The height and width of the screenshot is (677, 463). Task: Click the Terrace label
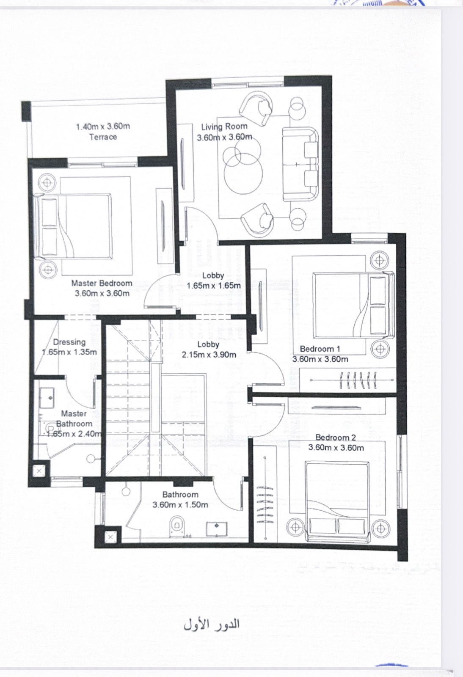coord(103,137)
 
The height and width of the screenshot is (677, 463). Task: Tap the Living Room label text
coord(224,127)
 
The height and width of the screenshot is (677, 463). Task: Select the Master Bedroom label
coord(102,283)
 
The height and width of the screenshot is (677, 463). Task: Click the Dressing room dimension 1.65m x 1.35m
coord(69,352)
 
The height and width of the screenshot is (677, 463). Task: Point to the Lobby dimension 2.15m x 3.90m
coord(209,355)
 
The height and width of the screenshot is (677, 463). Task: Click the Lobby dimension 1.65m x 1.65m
coord(214,286)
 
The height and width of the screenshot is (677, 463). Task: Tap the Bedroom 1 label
coord(320,349)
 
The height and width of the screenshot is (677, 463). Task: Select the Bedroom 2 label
coord(336,438)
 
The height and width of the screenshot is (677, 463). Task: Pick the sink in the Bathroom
coord(216,529)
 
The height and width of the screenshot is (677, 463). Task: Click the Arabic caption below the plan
coord(212,625)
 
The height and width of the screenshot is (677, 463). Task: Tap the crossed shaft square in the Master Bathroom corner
coord(39,471)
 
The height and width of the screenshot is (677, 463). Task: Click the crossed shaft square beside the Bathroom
coord(110,537)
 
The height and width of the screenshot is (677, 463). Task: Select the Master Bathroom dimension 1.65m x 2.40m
coord(74,434)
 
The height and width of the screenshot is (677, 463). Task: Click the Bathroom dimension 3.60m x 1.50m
coord(180,504)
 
